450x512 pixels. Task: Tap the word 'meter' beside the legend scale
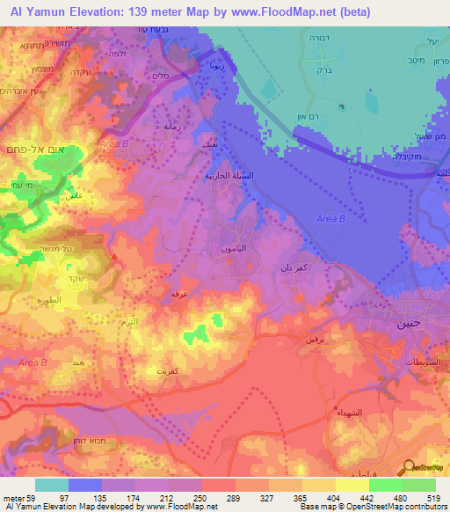(11, 496)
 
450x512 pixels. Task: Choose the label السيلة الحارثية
(216, 176)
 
